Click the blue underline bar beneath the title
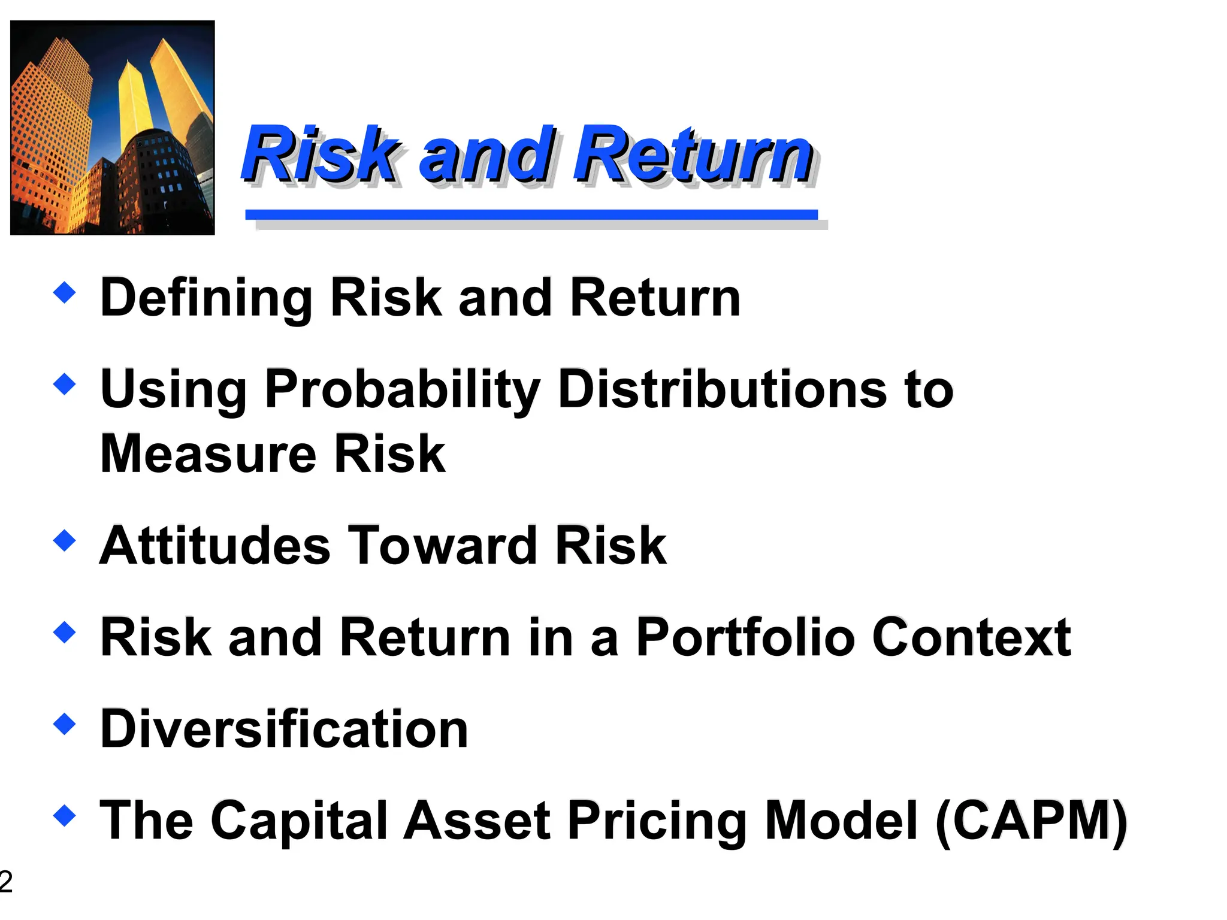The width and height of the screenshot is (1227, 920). [x=531, y=214]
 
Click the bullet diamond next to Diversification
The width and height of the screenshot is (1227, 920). [x=65, y=724]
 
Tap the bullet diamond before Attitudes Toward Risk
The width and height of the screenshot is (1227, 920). [x=65, y=540]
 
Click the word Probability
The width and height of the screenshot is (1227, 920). [x=402, y=389]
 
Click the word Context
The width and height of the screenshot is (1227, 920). [x=971, y=637]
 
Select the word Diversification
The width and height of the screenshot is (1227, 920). [x=284, y=729]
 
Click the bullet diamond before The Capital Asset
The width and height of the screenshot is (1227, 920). [x=65, y=815]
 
